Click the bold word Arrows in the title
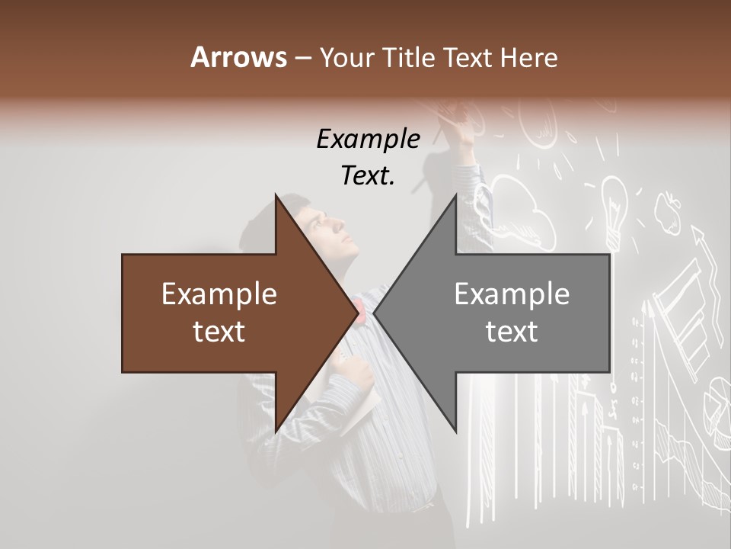pos(238,56)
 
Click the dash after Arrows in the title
pos(302,58)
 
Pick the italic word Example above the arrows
pos(368,139)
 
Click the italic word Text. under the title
pos(368,175)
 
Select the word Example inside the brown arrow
pos(219,294)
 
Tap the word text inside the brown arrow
pos(219,332)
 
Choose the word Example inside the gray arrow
pos(512,294)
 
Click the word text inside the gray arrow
pos(512,332)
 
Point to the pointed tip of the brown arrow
pos(357,313)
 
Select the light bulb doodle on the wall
pos(612,201)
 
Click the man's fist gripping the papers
pos(356,374)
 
